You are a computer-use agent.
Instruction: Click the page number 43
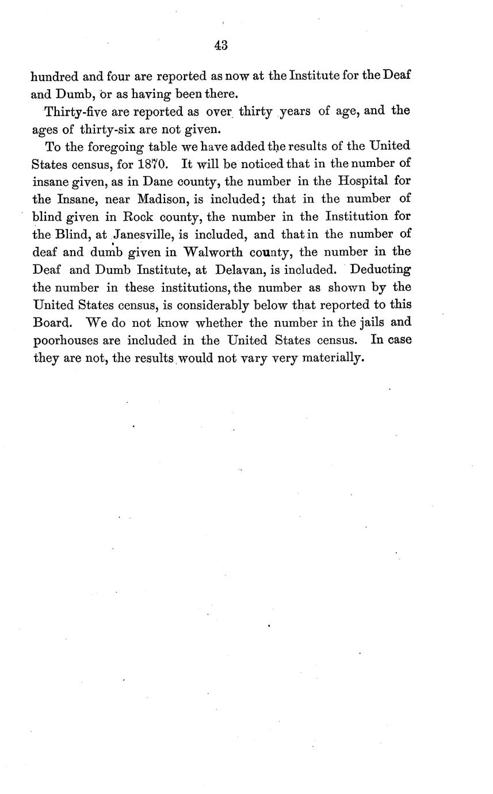point(221,46)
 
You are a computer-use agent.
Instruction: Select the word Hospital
point(362,181)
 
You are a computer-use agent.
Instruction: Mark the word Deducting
point(380,270)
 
